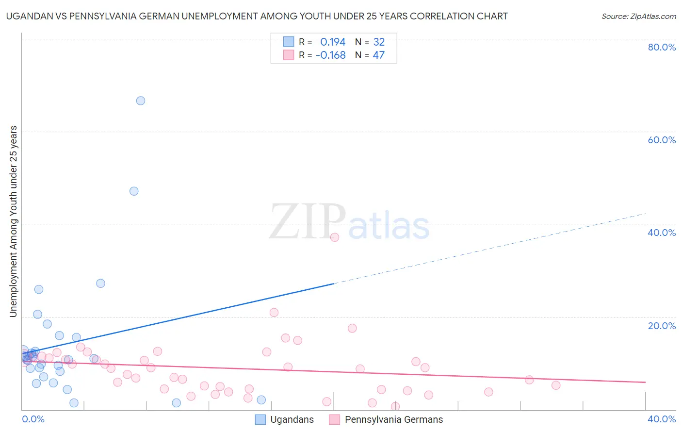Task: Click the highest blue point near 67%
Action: click(141, 100)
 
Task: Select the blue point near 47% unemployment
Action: click(134, 191)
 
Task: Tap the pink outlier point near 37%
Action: click(335, 237)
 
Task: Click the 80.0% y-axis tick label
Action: click(662, 47)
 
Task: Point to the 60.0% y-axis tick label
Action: click(662, 140)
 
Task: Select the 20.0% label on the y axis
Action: click(662, 326)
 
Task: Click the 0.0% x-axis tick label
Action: click(33, 419)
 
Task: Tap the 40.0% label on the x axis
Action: click(662, 419)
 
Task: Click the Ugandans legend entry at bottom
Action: click(292, 419)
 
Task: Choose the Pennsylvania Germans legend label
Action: click(393, 419)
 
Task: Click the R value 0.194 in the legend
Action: click(333, 42)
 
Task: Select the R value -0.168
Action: click(330, 55)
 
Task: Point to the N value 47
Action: click(378, 55)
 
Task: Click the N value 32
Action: click(378, 42)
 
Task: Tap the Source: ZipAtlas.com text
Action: click(638, 17)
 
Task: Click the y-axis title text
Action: click(13, 221)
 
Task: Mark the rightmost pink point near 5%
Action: click(556, 385)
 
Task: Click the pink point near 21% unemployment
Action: click(274, 312)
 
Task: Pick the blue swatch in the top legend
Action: click(289, 42)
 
